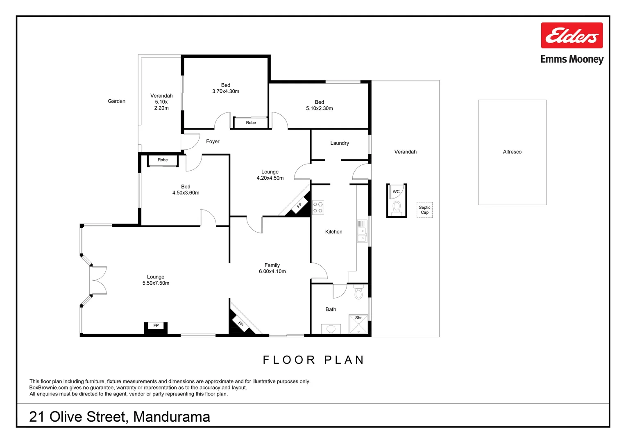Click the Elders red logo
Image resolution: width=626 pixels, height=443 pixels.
(572, 35)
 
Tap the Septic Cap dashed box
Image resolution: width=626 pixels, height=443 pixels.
(424, 210)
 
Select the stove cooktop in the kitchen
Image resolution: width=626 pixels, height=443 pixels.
(318, 208)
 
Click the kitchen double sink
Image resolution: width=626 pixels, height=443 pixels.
(362, 234)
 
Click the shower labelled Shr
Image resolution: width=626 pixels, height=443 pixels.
(358, 324)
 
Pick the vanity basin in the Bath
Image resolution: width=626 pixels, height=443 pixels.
(331, 329)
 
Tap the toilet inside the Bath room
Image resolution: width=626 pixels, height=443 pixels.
(358, 292)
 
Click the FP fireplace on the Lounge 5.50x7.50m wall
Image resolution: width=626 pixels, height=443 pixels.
(156, 327)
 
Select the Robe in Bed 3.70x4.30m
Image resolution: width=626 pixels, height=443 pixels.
(251, 123)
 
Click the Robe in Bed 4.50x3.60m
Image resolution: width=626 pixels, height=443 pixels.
(163, 160)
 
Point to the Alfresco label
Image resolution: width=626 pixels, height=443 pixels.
(512, 152)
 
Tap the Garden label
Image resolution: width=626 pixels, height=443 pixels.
(116, 101)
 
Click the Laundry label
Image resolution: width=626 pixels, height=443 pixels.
(340, 143)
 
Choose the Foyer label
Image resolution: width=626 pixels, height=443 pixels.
(213, 142)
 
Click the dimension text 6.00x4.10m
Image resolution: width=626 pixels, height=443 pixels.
(272, 272)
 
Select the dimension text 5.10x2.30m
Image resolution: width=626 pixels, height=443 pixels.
(319, 109)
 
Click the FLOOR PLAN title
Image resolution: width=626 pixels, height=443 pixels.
(313, 360)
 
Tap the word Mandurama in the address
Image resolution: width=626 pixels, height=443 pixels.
(172, 417)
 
